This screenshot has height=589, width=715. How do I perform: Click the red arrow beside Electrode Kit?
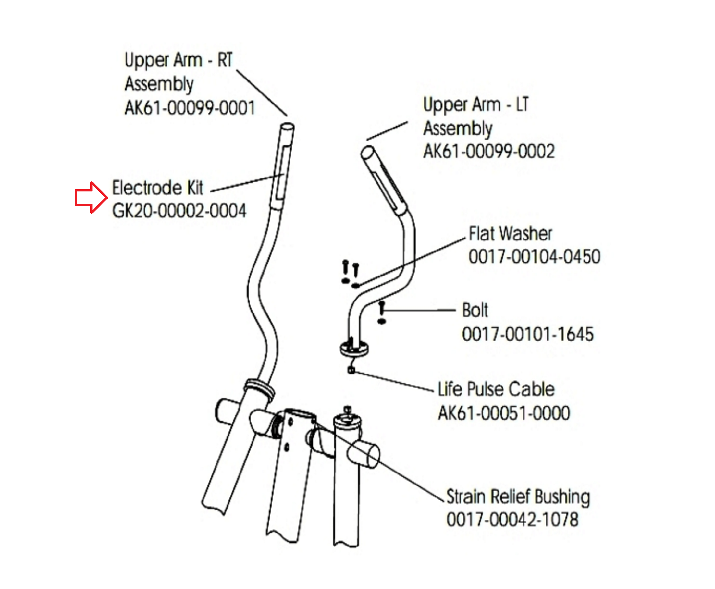point(91,198)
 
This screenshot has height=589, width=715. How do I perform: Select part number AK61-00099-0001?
point(190,108)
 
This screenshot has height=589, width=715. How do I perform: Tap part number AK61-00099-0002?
point(489,152)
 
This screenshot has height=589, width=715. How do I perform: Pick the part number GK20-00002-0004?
point(179,210)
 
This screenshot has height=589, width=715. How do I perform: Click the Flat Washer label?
point(510,233)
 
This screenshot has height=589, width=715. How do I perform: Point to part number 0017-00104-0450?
point(534,257)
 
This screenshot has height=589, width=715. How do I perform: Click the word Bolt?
point(475,310)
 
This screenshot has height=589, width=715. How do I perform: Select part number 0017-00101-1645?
point(528,334)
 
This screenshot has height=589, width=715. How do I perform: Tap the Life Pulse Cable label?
point(496,389)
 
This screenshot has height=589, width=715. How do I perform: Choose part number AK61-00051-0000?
point(504,413)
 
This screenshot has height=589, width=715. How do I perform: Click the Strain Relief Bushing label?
point(518,496)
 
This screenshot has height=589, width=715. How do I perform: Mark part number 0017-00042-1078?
point(512,519)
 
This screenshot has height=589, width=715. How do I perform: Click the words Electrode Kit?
point(158,188)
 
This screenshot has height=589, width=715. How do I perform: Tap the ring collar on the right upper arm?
point(259,388)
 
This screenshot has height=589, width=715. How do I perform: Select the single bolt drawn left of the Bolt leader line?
point(381,311)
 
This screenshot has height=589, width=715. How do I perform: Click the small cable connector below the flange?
point(352,369)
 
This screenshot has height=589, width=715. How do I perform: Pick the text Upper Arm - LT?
point(476,105)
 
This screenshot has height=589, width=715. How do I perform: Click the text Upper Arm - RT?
point(178,61)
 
